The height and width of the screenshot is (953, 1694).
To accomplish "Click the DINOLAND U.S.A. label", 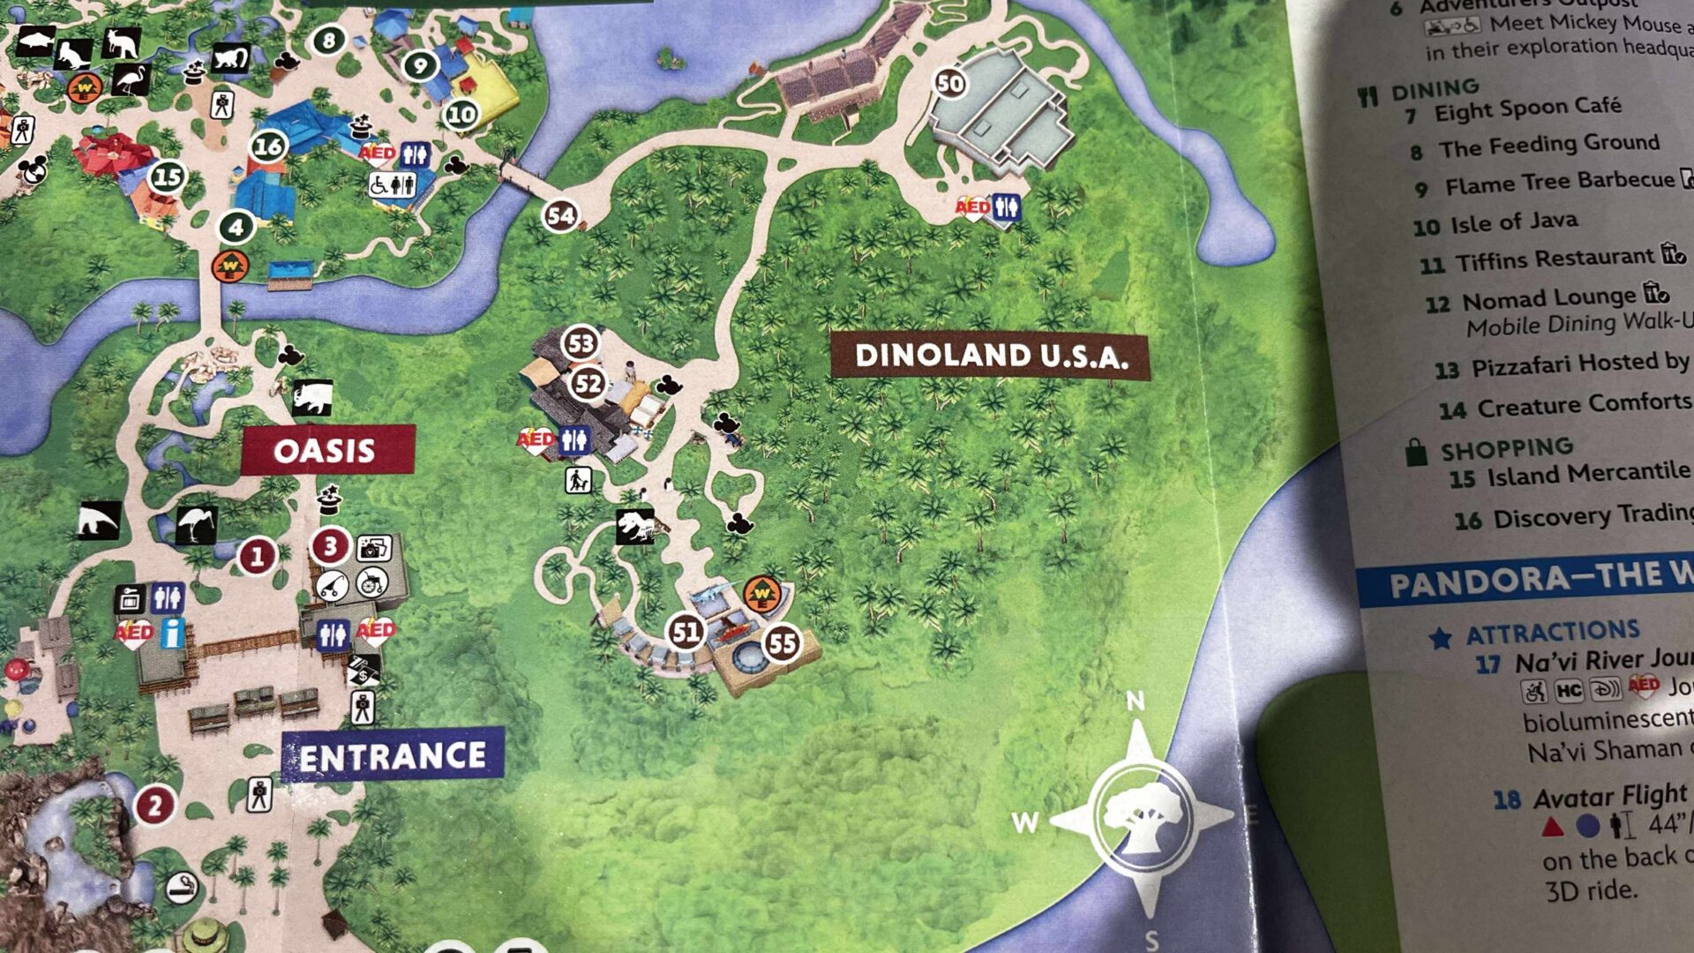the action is pos(991,356).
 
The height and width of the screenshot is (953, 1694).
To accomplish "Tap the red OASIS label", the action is pos(325,450).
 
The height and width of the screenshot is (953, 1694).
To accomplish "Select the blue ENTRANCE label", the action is pos(393,756).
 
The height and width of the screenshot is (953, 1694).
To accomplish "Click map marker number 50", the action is pos(949,84).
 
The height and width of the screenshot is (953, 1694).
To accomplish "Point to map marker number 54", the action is pos(561,215).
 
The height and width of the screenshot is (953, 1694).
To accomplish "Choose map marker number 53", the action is pos(581,343).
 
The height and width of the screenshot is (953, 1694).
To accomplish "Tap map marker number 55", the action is pos(782,643).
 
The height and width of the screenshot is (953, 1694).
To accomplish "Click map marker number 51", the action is pos(686,631).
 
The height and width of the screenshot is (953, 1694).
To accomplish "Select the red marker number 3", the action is pos(330,546).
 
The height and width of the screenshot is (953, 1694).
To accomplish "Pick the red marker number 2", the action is pos(154,806).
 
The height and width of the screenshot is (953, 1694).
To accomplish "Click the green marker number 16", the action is pos(268,146).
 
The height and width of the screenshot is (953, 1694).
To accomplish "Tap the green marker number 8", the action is pos(329,40).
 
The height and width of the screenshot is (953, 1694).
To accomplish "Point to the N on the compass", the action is pos(1136,702).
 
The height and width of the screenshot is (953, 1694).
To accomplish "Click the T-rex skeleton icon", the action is pos(636,527).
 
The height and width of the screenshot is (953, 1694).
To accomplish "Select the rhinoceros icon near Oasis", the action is pos(312,397).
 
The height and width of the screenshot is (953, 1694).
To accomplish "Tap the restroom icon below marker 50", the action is pos(1006,207).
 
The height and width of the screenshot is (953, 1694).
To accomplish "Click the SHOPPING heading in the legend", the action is pos(1506,448).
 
